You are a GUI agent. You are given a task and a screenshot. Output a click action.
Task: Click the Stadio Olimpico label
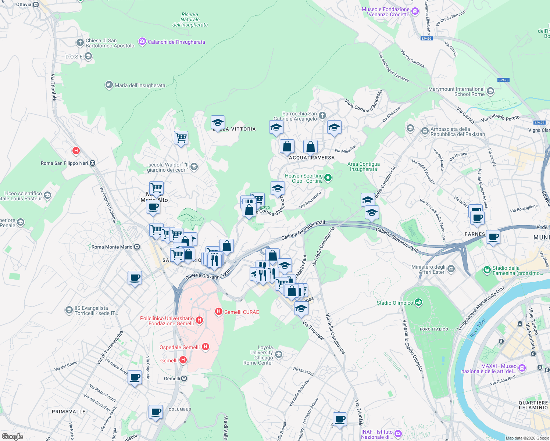point(394,303)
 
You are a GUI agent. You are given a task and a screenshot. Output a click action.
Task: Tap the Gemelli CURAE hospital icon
point(219,312)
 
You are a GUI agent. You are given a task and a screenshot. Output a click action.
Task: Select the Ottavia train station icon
point(36,5)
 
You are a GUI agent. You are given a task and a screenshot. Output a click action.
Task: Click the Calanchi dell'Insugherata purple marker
point(142,42)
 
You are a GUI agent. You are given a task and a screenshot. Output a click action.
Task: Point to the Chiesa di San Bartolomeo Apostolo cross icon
point(80,43)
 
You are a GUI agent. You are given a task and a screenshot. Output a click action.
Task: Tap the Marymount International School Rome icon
point(490,91)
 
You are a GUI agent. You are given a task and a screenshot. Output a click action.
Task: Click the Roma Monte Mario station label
point(112,247)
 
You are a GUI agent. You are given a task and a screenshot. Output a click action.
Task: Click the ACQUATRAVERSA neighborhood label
point(312,158)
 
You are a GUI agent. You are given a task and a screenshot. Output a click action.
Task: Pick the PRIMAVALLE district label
point(68,412)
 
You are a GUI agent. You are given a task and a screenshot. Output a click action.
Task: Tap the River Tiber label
point(478,328)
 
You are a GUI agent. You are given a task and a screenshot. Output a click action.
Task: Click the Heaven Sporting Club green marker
point(328,178)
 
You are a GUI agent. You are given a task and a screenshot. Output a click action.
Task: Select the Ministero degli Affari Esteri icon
point(451,269)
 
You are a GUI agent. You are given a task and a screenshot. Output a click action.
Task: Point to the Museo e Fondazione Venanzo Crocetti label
point(385,12)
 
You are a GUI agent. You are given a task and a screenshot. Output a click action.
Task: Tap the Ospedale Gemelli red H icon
point(206,347)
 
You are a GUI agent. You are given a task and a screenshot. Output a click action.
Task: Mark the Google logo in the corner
point(12,436)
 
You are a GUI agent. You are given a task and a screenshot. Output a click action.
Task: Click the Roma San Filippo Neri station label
point(64,163)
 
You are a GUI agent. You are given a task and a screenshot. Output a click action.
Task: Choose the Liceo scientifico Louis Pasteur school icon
point(47,195)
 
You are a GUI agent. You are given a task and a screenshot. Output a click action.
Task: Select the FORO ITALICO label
point(434,329)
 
